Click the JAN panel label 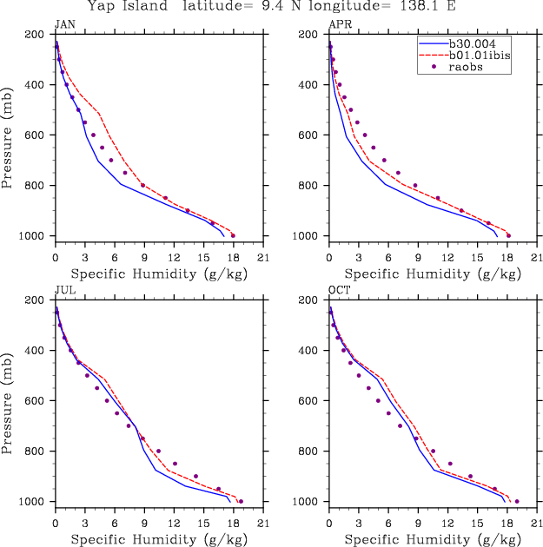(64, 25)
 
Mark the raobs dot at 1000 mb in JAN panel (233, 235)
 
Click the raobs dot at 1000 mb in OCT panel (517, 501)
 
